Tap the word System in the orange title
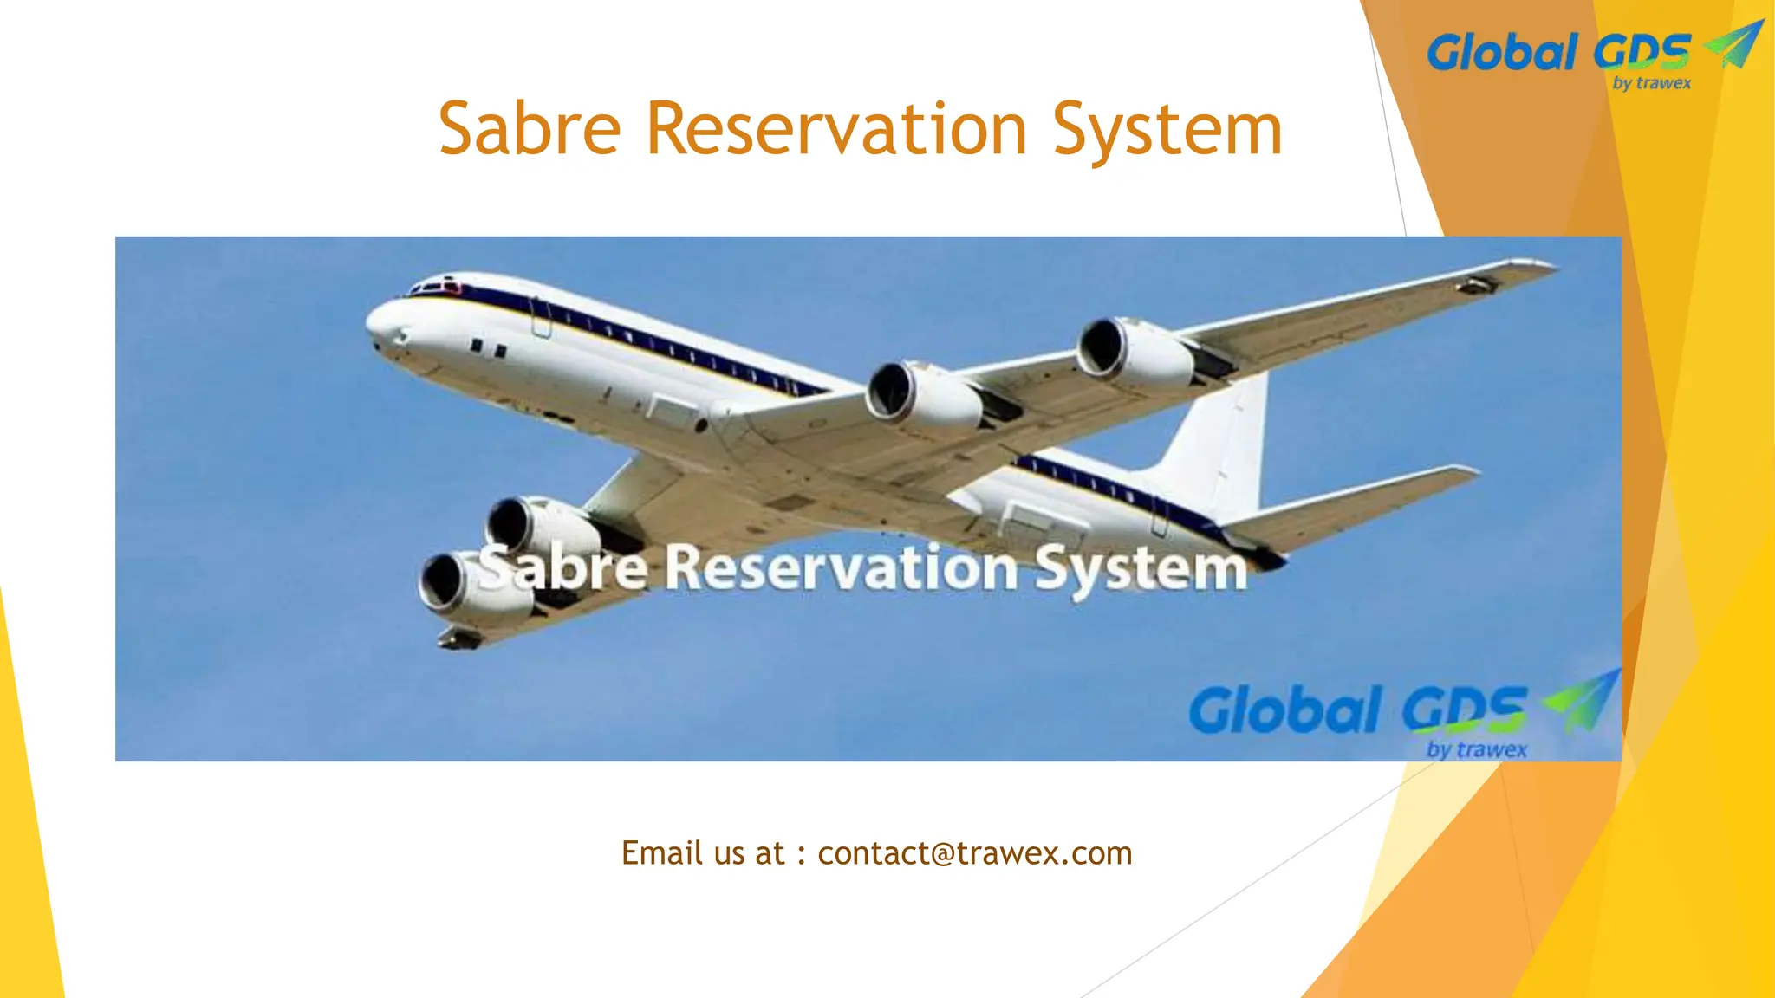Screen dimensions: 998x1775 coord(1167,130)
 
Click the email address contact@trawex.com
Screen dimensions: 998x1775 coord(974,853)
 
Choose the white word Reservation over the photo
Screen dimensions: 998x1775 coord(841,568)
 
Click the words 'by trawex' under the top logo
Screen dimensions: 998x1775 coord(1652,84)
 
